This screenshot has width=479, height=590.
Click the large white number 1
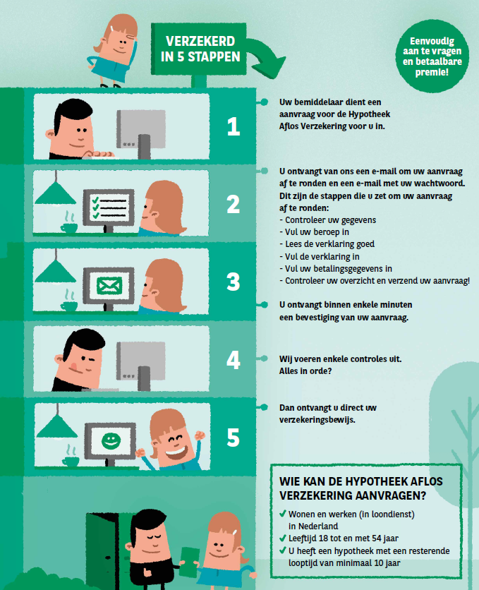tap(234, 126)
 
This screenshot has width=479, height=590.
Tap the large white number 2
tap(233, 205)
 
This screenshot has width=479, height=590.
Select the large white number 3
tap(233, 282)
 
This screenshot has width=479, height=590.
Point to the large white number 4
tap(233, 360)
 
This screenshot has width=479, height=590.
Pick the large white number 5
tap(233, 438)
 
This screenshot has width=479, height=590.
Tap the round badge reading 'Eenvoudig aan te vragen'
tap(432, 56)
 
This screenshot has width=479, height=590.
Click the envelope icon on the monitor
tap(109, 286)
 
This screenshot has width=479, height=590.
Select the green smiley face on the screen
tap(111, 440)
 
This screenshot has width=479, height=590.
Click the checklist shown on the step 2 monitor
tap(109, 207)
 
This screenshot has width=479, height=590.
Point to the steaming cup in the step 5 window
tap(71, 457)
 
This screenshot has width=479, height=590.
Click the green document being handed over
tap(190, 562)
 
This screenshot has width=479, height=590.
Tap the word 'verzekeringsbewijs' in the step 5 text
tap(317, 420)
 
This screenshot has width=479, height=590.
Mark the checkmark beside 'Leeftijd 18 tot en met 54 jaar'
tap(283, 538)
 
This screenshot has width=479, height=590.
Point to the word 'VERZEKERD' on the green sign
tap(200, 41)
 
